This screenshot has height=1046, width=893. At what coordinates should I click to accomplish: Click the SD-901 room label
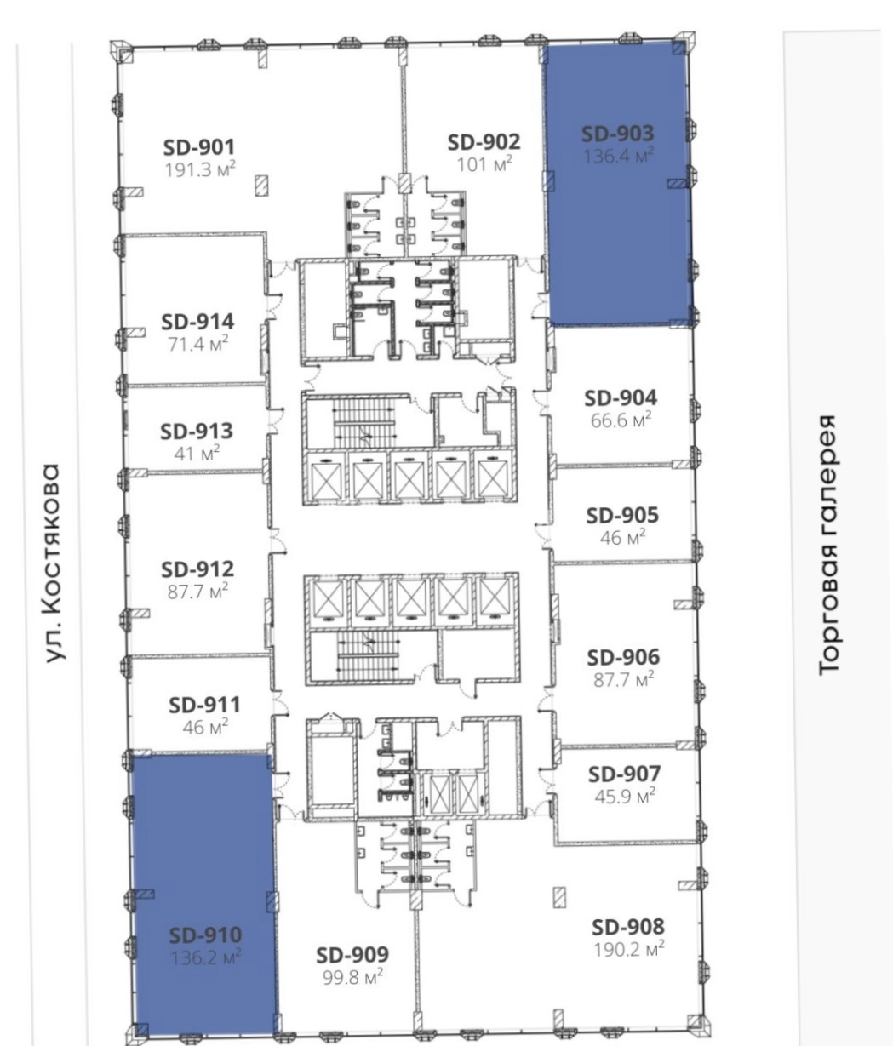(199, 147)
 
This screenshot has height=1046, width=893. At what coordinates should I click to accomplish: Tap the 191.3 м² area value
(200, 169)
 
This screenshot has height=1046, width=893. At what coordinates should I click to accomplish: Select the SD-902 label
(484, 142)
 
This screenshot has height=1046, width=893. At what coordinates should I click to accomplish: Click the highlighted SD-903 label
(617, 134)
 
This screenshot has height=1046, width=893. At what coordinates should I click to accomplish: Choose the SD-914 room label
(197, 322)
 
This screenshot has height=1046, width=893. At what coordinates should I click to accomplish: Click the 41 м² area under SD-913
(197, 453)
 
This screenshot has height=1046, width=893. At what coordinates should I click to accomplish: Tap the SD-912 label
(197, 569)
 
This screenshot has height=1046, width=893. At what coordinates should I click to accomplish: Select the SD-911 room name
(204, 705)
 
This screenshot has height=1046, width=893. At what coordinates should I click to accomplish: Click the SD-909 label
(352, 954)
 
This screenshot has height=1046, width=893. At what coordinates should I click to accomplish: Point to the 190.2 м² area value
(629, 949)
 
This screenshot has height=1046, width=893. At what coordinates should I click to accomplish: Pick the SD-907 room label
(624, 774)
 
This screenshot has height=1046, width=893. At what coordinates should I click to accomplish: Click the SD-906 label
(623, 657)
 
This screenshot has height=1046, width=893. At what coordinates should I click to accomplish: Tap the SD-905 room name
(622, 516)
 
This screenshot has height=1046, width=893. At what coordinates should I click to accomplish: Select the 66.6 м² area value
(621, 420)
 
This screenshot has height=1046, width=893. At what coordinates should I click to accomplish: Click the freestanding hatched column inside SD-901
(261, 186)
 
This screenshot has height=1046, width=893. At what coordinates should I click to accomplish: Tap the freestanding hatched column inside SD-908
(559, 897)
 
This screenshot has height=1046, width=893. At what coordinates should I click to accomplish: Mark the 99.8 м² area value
(352, 977)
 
